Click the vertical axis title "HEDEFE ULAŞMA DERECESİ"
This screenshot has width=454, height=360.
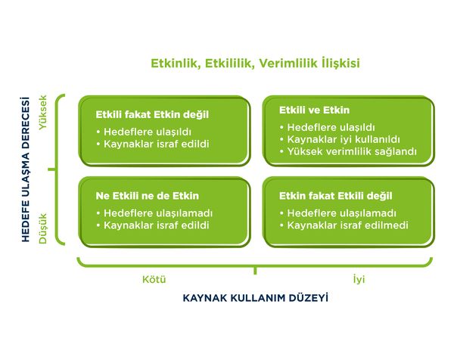(26, 169)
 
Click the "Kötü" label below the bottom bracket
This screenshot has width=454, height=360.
(154, 279)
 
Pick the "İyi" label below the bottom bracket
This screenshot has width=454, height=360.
(359, 279)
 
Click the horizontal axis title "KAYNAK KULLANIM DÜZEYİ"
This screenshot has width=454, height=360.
(256, 298)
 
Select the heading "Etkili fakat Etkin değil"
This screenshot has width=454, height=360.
(152, 115)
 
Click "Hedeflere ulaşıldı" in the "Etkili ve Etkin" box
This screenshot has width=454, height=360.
(327, 127)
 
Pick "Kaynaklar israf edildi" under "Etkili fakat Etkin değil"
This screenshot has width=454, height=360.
(156, 144)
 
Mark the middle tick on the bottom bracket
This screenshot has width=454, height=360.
(256, 268)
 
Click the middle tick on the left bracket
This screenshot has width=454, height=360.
(54, 169)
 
